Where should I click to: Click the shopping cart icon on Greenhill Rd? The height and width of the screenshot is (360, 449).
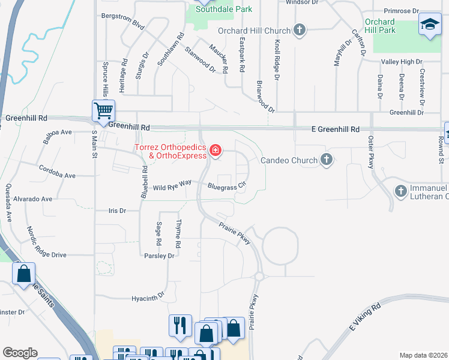pyautogui.click(x=103, y=111)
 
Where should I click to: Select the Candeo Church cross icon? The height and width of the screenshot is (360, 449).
pyautogui.click(x=326, y=160)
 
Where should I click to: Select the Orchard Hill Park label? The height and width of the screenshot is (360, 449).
pyautogui.click(x=380, y=26)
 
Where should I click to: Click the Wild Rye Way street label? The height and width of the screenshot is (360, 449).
pyautogui.click(x=172, y=187)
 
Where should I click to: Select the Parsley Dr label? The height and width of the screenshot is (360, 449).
pyautogui.click(x=159, y=256)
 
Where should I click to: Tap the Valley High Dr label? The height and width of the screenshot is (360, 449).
pyautogui.click(x=402, y=61)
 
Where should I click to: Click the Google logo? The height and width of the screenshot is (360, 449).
pyautogui.click(x=19, y=353)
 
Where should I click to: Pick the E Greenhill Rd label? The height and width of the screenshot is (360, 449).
pyautogui.click(x=335, y=129)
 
